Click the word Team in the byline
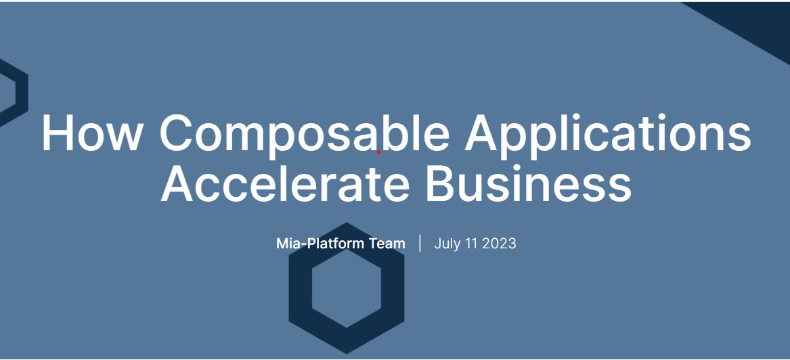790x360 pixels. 387,244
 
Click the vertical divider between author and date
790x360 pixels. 420,243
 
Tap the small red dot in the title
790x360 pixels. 378,152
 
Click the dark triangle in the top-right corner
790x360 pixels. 758,20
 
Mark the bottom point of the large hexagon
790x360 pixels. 347,353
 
